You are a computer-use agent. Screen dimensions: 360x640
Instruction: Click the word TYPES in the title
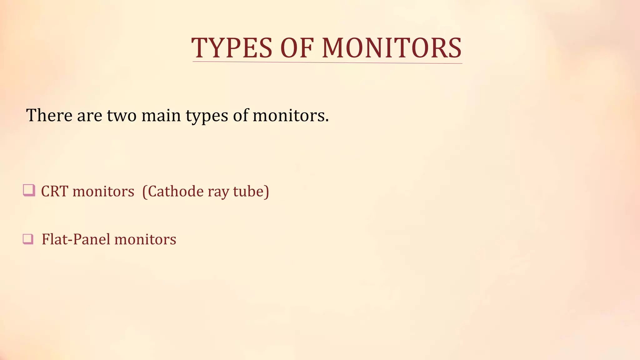tap(232, 48)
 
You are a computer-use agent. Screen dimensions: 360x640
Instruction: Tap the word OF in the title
tap(297, 48)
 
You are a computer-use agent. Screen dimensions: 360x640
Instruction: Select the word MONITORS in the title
tap(392, 48)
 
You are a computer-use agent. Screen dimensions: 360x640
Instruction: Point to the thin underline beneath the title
tap(327, 62)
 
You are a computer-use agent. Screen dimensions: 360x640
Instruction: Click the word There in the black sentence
tap(49, 115)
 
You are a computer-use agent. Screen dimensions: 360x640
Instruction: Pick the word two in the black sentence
tap(122, 115)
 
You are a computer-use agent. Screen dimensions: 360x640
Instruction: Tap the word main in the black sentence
tap(161, 115)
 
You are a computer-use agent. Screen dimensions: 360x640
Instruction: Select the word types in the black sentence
tap(207, 116)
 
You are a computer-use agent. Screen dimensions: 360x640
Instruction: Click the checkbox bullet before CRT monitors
tap(29, 190)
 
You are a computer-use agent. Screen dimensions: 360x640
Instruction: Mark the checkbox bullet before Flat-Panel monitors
tap(28, 239)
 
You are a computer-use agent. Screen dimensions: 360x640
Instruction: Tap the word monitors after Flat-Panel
tap(145, 240)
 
